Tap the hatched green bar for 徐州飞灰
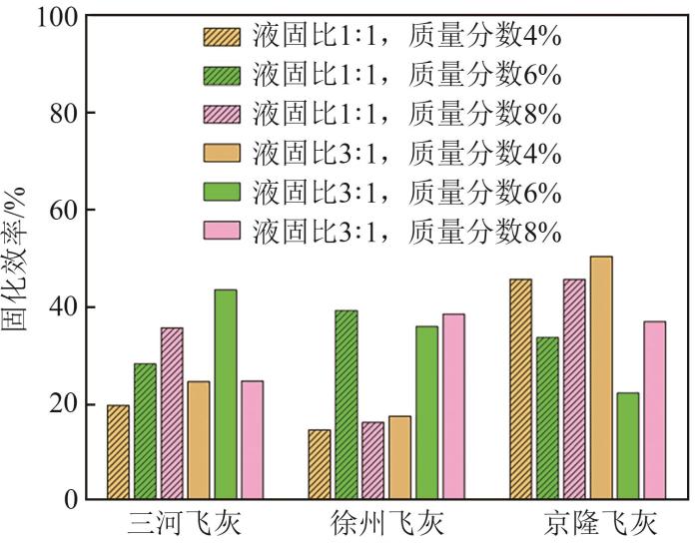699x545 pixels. (x=347, y=404)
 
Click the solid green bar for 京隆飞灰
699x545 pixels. (x=628, y=445)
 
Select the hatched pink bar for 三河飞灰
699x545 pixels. (x=172, y=413)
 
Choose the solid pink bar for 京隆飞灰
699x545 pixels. (x=654, y=410)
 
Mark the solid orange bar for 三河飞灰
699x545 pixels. (x=199, y=440)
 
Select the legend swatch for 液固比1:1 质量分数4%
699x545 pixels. (x=222, y=37)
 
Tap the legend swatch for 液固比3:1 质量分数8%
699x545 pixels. (x=222, y=233)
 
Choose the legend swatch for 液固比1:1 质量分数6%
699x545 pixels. (x=222, y=76)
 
